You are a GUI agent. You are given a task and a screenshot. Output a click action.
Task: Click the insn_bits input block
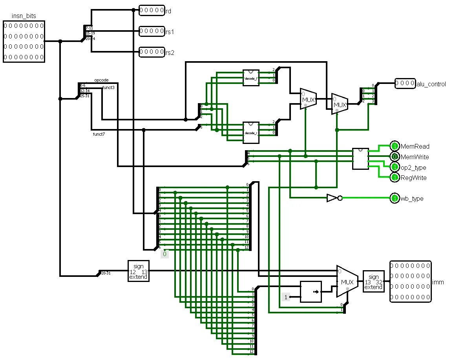tap(24, 42)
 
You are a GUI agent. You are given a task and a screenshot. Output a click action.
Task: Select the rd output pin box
tap(152, 11)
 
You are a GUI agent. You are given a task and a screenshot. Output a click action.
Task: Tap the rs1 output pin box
tap(152, 31)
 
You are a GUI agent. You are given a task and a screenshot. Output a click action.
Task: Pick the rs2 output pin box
tap(152, 52)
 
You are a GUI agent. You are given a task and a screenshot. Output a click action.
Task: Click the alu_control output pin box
tap(405, 84)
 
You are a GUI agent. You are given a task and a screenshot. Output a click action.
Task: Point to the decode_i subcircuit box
tap(251, 78)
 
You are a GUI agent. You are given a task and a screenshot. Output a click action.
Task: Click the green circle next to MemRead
tap(395, 146)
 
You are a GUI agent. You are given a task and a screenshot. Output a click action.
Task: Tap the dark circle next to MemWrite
tap(395, 157)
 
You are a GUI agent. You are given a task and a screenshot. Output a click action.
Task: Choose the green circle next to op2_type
tap(395, 167)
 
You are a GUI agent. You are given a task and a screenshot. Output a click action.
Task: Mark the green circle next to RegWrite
tap(395, 178)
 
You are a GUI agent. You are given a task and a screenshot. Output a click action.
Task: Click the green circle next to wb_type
tap(395, 198)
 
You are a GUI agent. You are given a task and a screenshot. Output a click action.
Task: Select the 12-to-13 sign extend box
tap(138, 271)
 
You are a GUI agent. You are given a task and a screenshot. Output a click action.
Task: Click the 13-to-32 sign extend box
tap(373, 282)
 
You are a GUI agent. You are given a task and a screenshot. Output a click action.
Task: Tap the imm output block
tap(410, 282)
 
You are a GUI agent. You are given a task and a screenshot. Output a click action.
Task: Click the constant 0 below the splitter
tap(164, 254)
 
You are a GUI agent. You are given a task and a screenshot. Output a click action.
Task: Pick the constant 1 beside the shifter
tap(286, 297)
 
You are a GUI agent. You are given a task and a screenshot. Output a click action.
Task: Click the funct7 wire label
tap(99, 134)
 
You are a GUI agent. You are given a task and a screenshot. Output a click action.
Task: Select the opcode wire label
tap(101, 80)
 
